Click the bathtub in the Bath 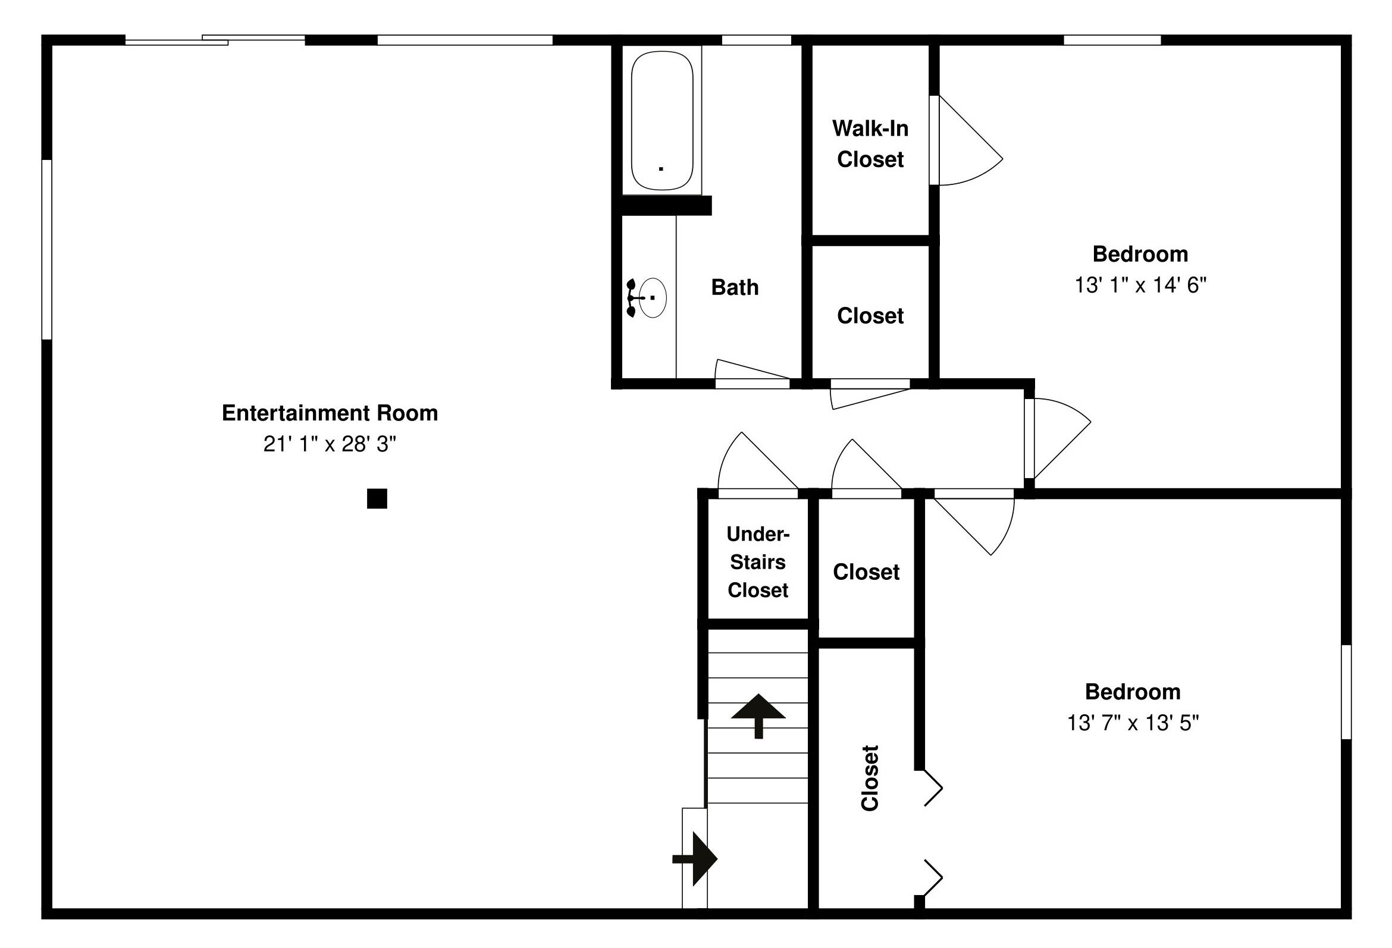(x=662, y=120)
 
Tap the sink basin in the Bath (x=652, y=297)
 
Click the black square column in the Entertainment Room (x=377, y=498)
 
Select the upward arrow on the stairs (x=758, y=715)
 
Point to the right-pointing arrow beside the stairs (x=695, y=859)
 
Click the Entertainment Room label (x=330, y=413)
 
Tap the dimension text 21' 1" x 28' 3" (x=330, y=444)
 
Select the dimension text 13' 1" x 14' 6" (x=1140, y=285)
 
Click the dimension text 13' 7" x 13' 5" (x=1133, y=723)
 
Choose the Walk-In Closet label (x=870, y=144)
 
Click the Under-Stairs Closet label (x=758, y=562)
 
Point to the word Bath (x=735, y=287)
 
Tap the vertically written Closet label (x=870, y=778)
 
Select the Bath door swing (x=753, y=369)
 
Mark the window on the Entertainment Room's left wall (x=46, y=249)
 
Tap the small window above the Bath (x=757, y=40)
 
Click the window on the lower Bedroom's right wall (x=1346, y=692)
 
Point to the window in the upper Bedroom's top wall (x=1112, y=40)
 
